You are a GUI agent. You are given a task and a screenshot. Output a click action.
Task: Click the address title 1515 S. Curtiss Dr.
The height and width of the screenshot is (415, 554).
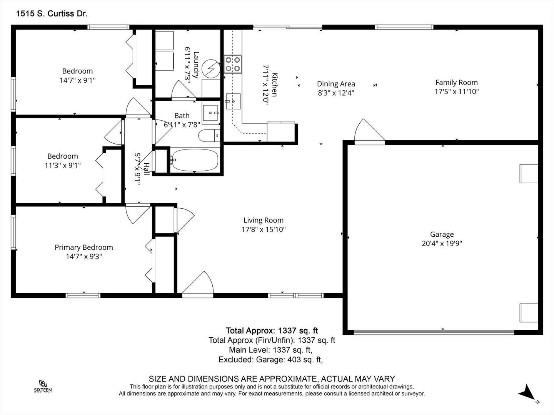(52, 13)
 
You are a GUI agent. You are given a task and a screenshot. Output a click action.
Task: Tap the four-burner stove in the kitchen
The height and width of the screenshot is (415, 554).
(233, 64)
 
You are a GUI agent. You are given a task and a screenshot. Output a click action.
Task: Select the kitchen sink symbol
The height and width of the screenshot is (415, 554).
(233, 101)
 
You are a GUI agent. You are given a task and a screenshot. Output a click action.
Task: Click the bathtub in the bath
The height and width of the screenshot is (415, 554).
(194, 160)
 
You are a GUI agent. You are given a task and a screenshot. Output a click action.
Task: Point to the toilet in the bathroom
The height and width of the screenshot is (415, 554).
(209, 136)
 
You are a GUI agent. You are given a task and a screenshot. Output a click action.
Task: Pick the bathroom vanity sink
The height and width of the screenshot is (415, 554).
(210, 113)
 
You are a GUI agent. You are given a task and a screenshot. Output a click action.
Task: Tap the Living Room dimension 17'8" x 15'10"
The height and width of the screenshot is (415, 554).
(264, 229)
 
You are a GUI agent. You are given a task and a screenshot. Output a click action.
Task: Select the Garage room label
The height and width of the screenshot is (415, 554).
(442, 234)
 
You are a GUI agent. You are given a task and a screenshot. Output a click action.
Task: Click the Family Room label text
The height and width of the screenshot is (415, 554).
(457, 82)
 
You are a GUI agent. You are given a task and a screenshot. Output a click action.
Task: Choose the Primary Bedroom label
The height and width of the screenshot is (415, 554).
(84, 247)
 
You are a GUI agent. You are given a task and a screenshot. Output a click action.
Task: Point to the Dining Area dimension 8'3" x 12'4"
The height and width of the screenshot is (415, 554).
(336, 93)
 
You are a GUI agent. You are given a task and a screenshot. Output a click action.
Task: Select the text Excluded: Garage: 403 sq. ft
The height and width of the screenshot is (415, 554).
(270, 360)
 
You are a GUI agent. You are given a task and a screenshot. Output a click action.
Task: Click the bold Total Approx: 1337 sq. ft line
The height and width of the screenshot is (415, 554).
(272, 330)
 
